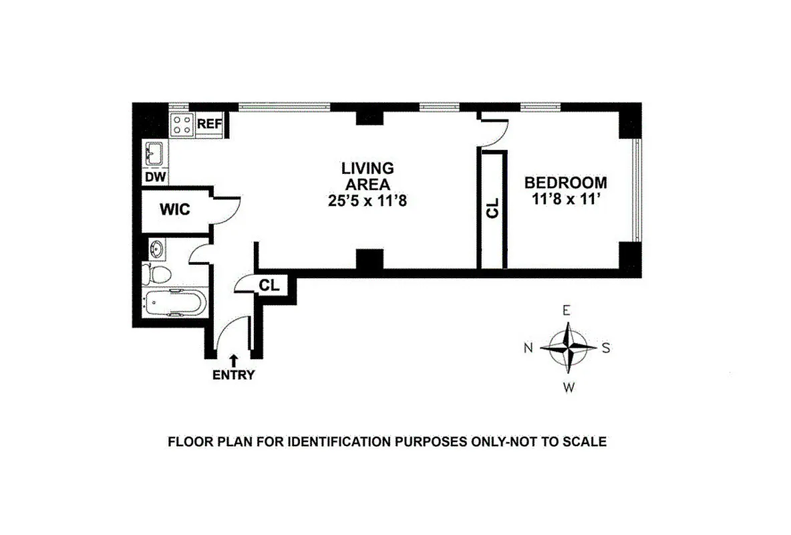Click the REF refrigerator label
(x=210, y=124)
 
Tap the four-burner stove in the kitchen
(x=182, y=124)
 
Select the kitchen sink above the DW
(x=155, y=154)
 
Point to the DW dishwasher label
(x=155, y=177)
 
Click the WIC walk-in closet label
(x=174, y=209)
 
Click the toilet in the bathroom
(x=158, y=274)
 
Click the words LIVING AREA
(x=368, y=176)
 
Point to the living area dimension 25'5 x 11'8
(x=368, y=200)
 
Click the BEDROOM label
(x=566, y=182)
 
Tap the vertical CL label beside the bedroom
(x=493, y=209)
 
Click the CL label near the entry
(x=269, y=286)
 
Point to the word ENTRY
(x=233, y=375)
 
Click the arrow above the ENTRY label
(x=233, y=360)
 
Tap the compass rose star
(x=567, y=348)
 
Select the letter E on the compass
(x=567, y=310)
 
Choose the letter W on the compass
(x=568, y=386)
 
